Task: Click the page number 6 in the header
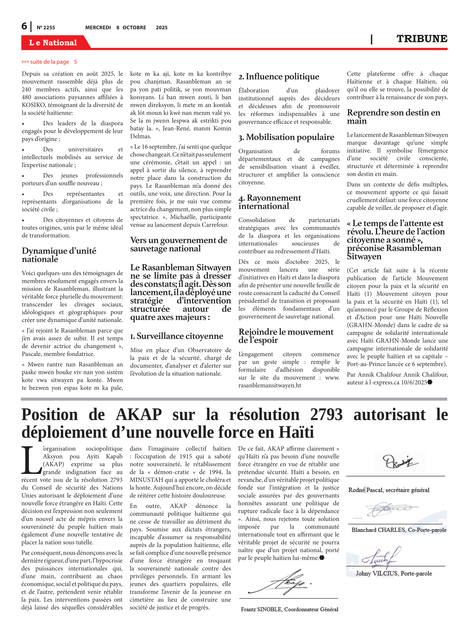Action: click(x=25, y=26)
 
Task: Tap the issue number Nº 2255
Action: click(x=46, y=27)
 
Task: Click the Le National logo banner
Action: click(x=53, y=43)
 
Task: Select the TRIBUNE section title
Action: click(x=422, y=39)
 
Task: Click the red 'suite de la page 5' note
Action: click(x=49, y=62)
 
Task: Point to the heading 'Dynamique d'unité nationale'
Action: click(x=59, y=255)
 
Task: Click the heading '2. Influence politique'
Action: click(x=279, y=77)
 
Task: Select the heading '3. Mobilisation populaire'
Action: click(x=286, y=137)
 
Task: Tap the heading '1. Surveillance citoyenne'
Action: click(x=177, y=336)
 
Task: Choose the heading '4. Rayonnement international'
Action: click(x=270, y=202)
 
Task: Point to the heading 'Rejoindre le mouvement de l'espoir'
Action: click(x=286, y=336)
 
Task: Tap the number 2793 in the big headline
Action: click(x=326, y=415)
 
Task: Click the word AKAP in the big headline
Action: click(x=139, y=415)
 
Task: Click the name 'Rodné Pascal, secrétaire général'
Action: click(x=389, y=490)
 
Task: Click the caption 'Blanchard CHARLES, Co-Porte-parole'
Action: click(x=399, y=530)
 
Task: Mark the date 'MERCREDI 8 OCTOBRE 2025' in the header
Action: click(x=126, y=27)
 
